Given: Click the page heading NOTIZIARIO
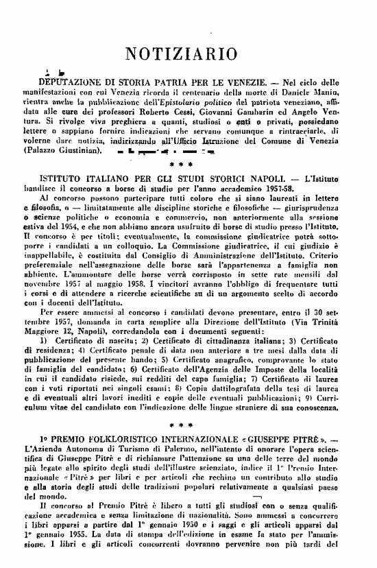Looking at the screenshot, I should point(189,54).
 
